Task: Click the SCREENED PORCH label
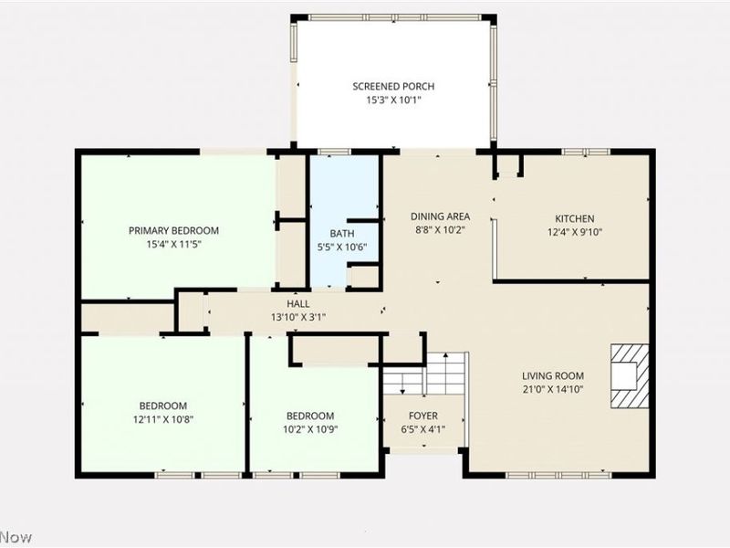392,87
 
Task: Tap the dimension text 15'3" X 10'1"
392,100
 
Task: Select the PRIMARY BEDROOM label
173,231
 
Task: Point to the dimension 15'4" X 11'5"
173,244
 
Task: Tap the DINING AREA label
440,217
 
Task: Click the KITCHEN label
575,218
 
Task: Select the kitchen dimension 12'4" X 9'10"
575,231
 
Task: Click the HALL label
298,304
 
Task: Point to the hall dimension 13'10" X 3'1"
298,317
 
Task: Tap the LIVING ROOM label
553,375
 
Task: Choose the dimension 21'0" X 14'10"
553,389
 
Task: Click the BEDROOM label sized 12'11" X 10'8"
163,406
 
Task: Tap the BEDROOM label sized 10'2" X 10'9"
310,414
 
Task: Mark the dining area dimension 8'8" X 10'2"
440,230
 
